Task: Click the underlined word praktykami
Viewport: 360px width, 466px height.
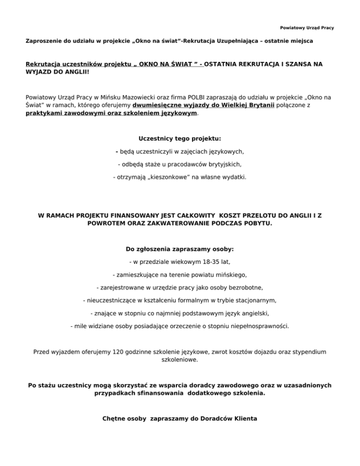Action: click(45, 113)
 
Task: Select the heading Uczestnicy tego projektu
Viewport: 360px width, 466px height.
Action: click(180, 139)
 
